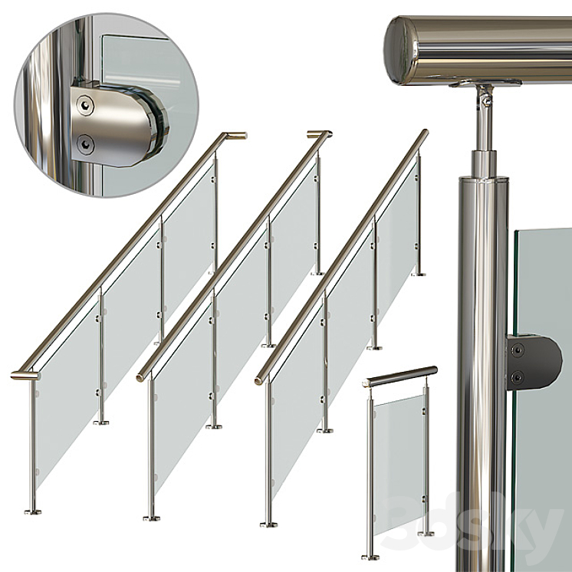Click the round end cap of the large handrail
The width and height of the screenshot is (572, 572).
click(399, 51)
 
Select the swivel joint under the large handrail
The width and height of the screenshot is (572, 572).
click(483, 97)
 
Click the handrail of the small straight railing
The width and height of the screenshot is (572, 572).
click(399, 376)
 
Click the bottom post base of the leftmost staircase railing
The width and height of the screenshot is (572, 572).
click(31, 511)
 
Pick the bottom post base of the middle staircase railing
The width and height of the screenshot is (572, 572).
click(151, 518)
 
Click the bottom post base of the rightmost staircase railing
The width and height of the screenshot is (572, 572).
click(268, 524)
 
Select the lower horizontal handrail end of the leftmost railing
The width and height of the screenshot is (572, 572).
click(24, 375)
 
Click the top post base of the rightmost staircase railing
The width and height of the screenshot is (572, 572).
click(418, 274)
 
